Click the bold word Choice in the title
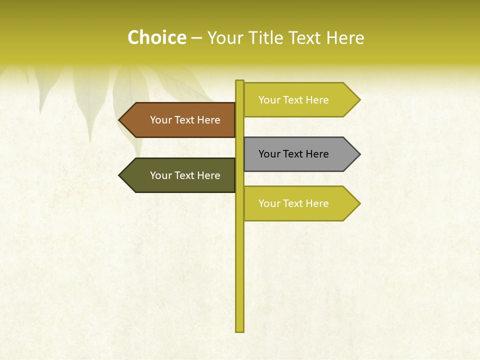pos(156,38)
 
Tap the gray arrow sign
pos(300,154)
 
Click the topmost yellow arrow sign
pos(300,100)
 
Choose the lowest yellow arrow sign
pos(300,203)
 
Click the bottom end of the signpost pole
pos(240,330)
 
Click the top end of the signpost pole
pos(240,81)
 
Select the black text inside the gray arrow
pos(293,154)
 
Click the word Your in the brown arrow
pos(160,120)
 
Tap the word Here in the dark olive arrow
pos(208,175)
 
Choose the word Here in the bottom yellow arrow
pos(317,203)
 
